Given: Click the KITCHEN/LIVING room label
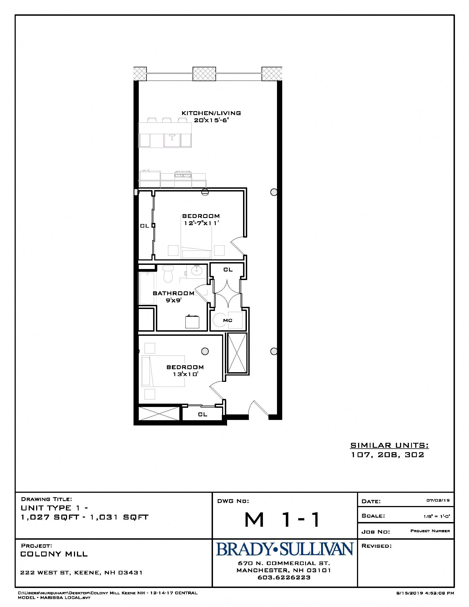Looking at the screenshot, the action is point(211,113).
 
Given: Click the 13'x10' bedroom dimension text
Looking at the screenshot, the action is point(185,374).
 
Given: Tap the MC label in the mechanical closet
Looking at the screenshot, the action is point(228,320).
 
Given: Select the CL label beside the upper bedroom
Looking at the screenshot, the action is point(145,226).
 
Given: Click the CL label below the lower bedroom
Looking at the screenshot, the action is point(202,414).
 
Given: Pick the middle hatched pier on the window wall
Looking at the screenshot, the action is point(204,74).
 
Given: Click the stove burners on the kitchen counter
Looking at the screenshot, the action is point(183,175).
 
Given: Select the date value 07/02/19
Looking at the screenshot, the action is point(438,500).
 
